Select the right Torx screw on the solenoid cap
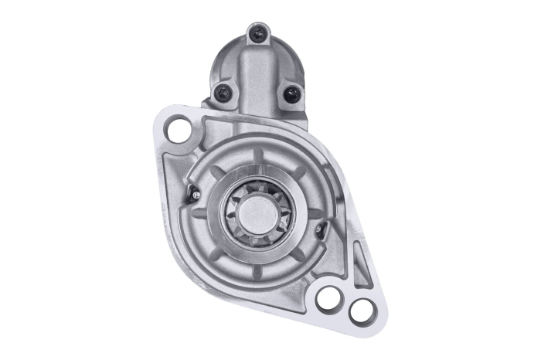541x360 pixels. coord(291,93)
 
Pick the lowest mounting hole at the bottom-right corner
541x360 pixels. coord(359,311)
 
